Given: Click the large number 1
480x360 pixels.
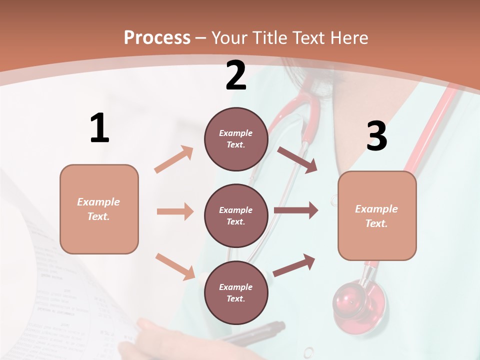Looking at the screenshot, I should pos(99,128).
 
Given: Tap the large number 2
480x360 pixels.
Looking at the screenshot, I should pos(236,75).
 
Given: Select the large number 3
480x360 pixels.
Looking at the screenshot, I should pos(376,136).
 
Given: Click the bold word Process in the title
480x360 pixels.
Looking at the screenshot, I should pos(157,37).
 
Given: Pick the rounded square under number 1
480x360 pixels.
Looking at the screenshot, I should pos(99,209).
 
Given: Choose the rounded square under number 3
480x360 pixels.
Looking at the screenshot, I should pos(377,215).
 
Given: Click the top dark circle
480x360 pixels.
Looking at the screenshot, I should pos(236,139).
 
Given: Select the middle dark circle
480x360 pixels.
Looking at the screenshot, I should pos(236,215).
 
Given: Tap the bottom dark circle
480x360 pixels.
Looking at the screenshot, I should pos(236,292).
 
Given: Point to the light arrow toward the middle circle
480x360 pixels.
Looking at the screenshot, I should pos(174,211).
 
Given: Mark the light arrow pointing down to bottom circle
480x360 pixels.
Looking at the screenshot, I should pos(175,266).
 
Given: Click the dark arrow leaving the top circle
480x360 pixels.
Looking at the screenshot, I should pos(297,160).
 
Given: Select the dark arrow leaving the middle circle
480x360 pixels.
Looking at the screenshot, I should pos(295,210).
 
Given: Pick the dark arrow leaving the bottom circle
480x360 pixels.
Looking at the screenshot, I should pos(294,265).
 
